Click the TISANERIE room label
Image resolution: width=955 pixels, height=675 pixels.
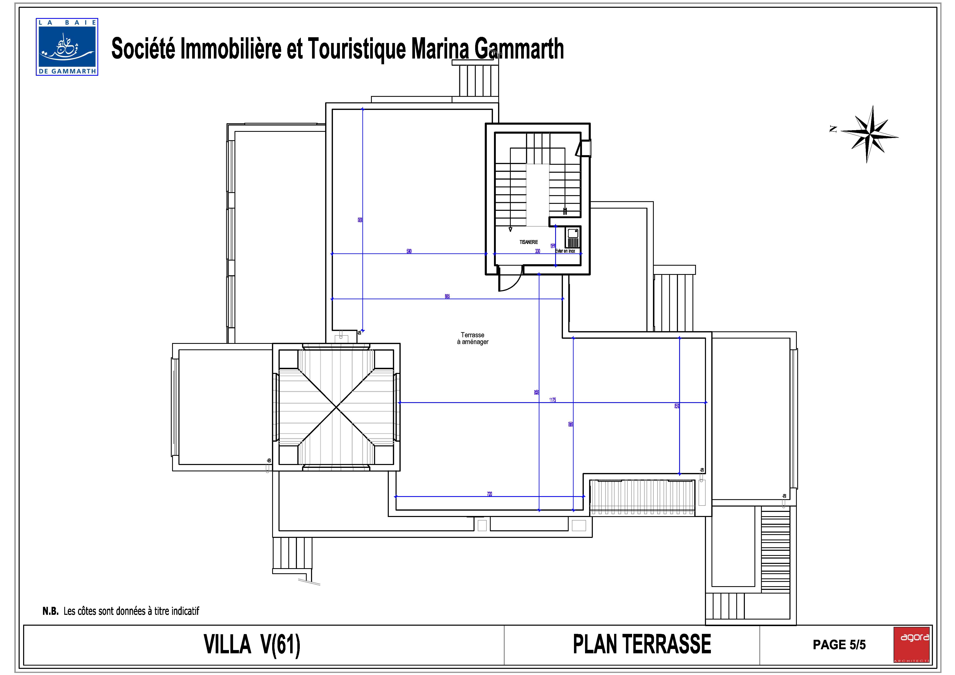pos(528,242)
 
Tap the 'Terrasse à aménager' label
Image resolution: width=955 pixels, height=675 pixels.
pos(472,338)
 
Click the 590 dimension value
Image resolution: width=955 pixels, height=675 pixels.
pos(409,251)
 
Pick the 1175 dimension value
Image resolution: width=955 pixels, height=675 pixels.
pos(552,400)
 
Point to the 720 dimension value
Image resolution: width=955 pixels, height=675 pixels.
pos(489,494)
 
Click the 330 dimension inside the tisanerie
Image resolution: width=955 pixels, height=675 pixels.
pos(537,251)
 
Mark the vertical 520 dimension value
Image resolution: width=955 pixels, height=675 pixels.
pos(677,405)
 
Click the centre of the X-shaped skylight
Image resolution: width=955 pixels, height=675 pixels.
pos(336,407)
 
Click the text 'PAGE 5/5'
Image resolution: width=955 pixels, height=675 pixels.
pos(839,645)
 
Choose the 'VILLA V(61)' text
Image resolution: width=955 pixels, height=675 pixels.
pos(252,645)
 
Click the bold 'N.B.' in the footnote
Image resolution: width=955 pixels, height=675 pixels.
pos(50,611)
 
